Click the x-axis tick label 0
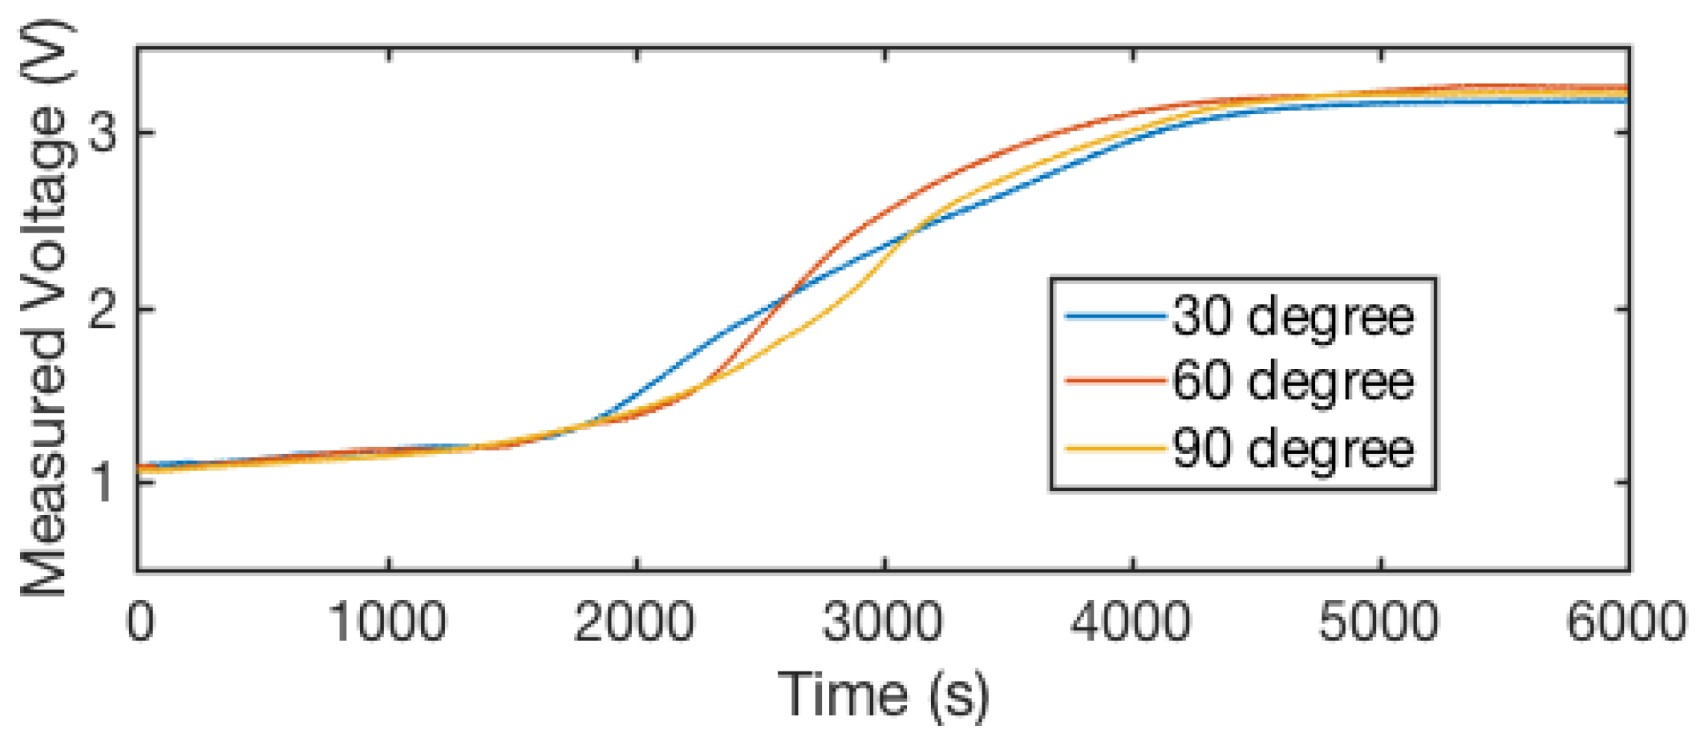[x=140, y=622]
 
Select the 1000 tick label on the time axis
[x=388, y=622]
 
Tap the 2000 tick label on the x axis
[x=635, y=622]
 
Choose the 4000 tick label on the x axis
[x=1132, y=622]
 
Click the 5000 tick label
[x=1379, y=622]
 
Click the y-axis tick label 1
[x=101, y=482]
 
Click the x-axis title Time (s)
[x=884, y=695]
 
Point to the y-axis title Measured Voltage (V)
[x=46, y=309]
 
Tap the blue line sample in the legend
[x=1115, y=317]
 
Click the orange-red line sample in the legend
[x=1115, y=381]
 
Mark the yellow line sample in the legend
[x=1115, y=449]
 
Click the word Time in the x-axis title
[x=843, y=694]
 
